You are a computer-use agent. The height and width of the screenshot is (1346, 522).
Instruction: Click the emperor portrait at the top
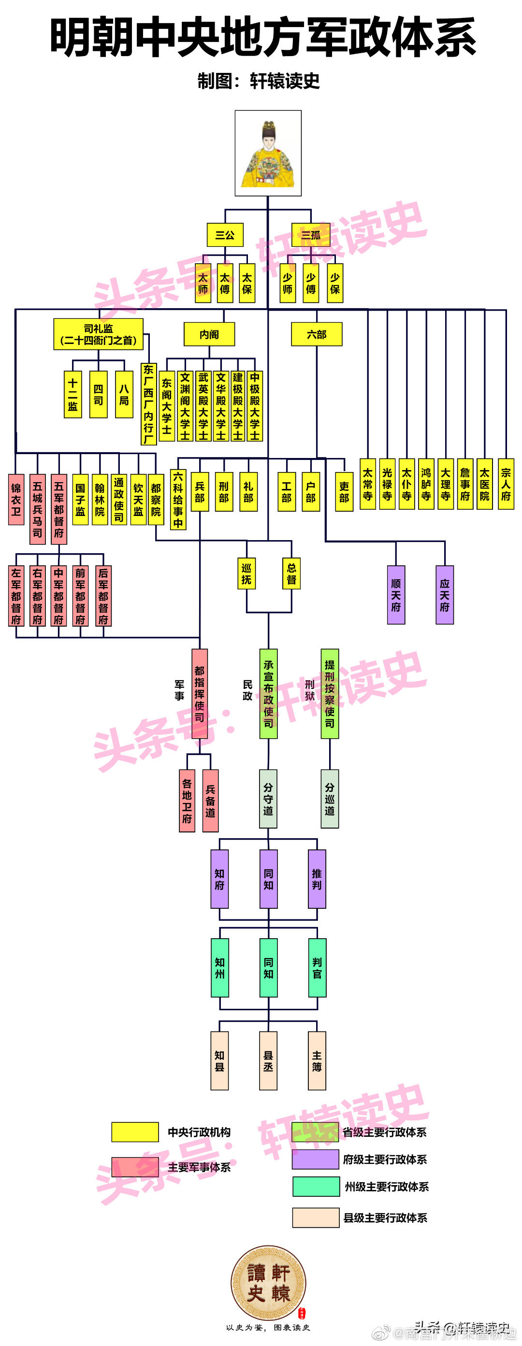268,153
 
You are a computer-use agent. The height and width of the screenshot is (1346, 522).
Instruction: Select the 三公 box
225,235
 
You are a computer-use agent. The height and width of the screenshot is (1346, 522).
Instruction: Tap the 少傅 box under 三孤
311,284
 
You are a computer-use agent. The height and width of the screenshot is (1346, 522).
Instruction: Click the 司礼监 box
98,334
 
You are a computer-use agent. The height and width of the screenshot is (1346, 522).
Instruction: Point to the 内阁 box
209,334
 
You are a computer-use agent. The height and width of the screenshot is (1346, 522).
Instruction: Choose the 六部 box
317,334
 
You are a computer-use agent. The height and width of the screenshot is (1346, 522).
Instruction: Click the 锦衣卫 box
16,499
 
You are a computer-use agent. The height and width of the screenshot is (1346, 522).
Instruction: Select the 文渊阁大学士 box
185,406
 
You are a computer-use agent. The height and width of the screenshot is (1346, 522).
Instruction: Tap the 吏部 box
344,492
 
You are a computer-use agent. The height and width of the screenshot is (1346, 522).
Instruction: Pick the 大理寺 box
446,484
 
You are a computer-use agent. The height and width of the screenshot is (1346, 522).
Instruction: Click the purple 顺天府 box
396,595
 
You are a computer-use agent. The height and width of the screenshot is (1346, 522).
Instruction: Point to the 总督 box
291,573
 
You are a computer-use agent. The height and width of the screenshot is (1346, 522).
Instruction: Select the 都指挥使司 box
200,693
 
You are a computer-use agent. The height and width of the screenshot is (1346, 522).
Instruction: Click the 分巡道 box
330,799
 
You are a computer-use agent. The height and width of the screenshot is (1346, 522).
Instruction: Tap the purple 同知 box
269,879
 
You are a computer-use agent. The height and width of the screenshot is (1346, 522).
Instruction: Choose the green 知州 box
220,968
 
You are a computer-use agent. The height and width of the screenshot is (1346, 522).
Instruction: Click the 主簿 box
317,1060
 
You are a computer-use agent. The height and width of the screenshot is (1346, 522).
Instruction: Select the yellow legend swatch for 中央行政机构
135,1132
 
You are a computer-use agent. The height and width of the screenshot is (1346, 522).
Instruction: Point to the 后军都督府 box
103,596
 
